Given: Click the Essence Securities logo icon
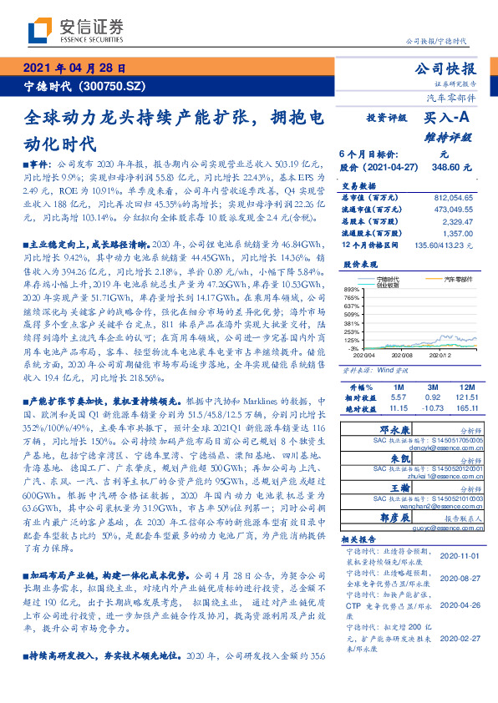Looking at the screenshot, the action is click(38, 30).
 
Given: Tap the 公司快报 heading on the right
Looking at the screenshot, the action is click(450, 68).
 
